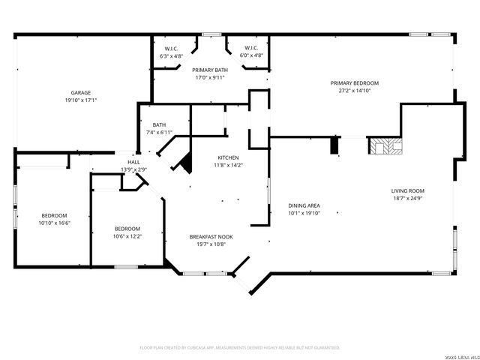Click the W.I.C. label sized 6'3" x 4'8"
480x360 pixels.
(x=171, y=49)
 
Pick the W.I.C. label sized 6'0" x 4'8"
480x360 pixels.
(x=251, y=49)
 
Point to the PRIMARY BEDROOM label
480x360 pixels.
(x=355, y=82)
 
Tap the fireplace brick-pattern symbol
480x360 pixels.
(x=384, y=145)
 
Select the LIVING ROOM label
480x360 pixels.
(x=407, y=190)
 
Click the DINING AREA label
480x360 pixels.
(x=304, y=205)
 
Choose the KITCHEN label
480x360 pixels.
(x=228, y=157)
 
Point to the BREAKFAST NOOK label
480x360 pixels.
(x=210, y=237)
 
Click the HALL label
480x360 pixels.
(x=133, y=162)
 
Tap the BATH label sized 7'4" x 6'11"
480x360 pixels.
(x=159, y=125)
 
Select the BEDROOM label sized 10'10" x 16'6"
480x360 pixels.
(x=53, y=216)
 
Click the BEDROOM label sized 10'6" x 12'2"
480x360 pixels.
(x=127, y=229)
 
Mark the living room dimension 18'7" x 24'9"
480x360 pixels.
(x=407, y=198)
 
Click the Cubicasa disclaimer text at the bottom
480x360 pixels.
(x=240, y=347)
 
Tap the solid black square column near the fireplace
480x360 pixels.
(x=334, y=145)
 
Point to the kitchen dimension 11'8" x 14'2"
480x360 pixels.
(x=228, y=165)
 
